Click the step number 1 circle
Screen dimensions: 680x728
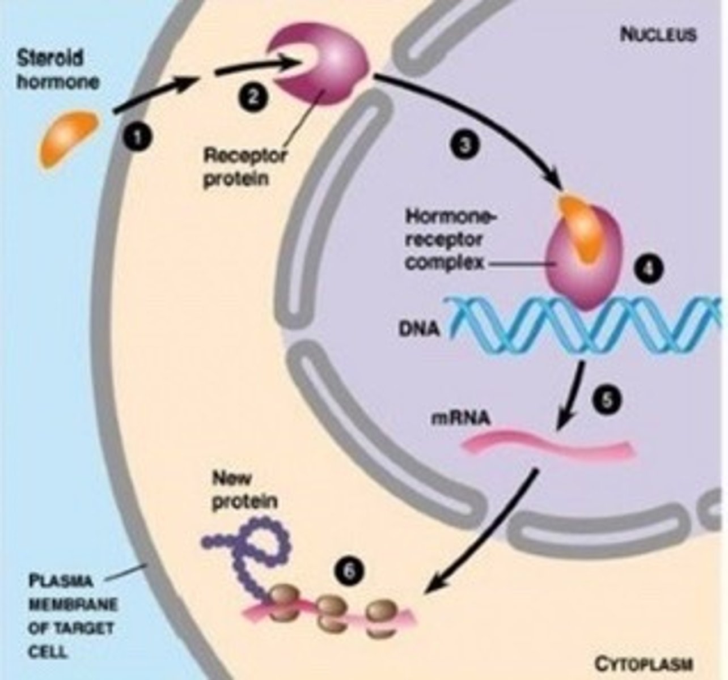[x=137, y=137]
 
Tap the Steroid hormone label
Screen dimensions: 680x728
[x=57, y=70]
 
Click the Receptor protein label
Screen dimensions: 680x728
[x=244, y=167]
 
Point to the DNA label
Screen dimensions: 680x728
[x=419, y=328]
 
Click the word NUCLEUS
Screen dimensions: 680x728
[x=658, y=35]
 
